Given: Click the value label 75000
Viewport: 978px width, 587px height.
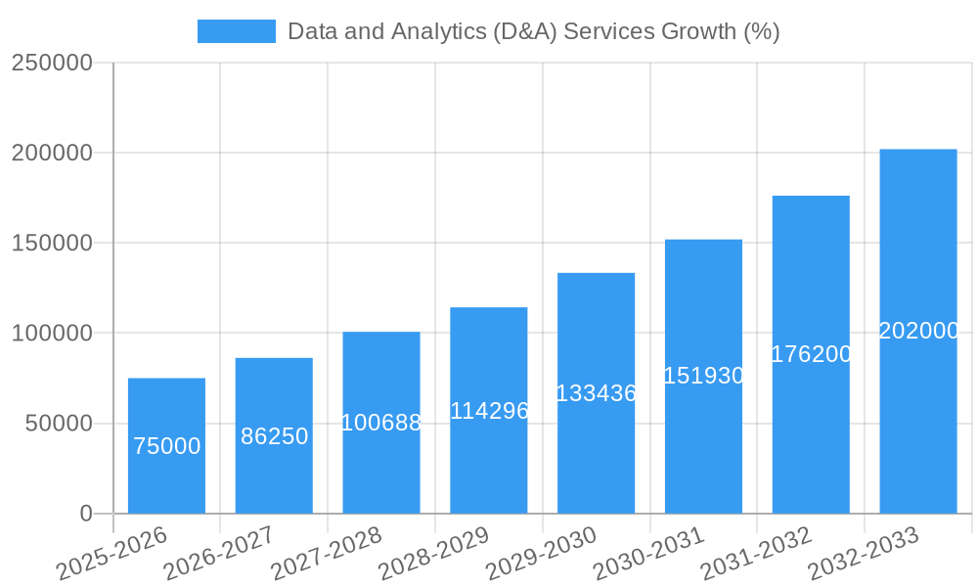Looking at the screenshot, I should [x=166, y=446].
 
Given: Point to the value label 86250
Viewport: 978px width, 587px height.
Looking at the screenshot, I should [x=274, y=436].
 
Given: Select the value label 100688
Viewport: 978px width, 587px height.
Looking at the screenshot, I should [x=381, y=423].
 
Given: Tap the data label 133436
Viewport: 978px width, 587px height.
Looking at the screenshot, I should [x=596, y=393].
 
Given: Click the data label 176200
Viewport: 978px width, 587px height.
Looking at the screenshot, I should [x=811, y=354].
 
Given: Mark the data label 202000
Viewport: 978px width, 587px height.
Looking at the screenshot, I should [x=918, y=331].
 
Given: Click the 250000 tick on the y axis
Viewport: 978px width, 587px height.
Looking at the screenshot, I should [x=52, y=63].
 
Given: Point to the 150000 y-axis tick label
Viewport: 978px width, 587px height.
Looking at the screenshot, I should [x=52, y=243].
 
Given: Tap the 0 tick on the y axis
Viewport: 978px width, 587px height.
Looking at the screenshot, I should [x=85, y=514].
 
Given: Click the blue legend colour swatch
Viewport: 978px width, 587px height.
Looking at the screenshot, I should [x=237, y=31].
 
